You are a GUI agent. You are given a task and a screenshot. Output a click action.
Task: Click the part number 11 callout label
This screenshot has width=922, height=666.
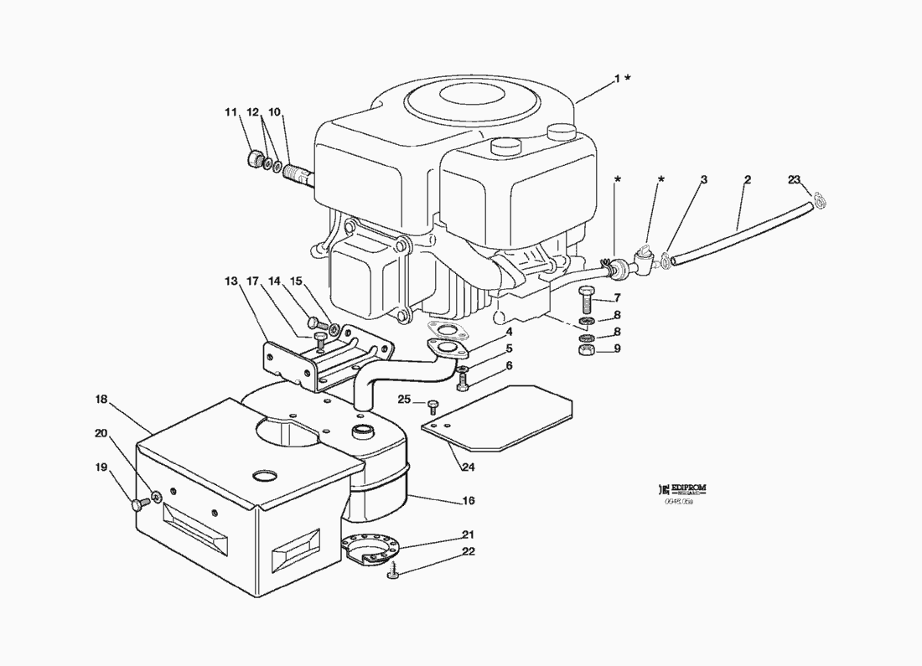[230, 112]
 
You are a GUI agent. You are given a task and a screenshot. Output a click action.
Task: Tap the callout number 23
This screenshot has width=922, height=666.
[795, 179]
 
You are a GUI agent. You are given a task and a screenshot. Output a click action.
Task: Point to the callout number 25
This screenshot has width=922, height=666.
[404, 400]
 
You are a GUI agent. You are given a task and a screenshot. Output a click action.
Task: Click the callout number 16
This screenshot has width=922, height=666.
[468, 501]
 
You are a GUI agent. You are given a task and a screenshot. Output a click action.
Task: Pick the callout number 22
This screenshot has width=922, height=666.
[468, 551]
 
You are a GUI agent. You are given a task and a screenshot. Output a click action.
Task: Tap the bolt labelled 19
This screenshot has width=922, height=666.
[138, 503]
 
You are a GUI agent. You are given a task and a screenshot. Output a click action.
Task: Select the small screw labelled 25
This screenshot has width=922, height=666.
[433, 406]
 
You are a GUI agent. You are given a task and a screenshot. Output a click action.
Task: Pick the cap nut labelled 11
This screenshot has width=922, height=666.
[255, 158]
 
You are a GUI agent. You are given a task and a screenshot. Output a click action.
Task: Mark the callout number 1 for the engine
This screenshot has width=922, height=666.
[618, 78]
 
